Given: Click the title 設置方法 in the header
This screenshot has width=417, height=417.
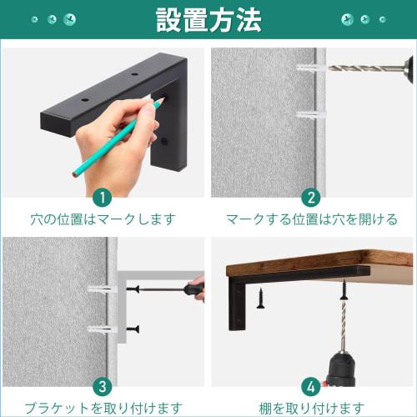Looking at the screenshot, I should (208, 19).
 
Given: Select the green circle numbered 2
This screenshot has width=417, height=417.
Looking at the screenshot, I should (311, 197).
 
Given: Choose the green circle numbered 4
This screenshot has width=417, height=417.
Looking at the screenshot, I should (311, 386).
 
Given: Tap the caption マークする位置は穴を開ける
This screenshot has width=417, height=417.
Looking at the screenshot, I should (312, 220).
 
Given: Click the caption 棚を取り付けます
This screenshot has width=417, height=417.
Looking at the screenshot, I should (312, 408).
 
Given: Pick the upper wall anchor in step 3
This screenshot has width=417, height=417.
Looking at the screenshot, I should (99, 290).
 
